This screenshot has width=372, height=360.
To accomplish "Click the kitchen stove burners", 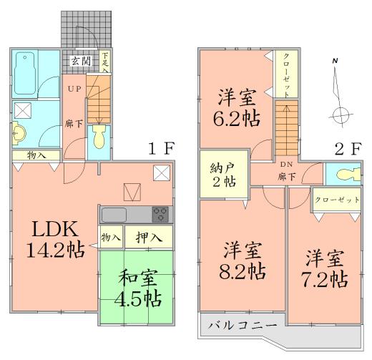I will tap(160, 213).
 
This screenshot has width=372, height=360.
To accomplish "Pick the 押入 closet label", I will tap(148, 236).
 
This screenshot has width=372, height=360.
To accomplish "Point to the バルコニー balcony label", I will tap(242, 326).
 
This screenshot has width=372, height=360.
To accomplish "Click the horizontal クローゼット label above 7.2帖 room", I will tap(336, 200).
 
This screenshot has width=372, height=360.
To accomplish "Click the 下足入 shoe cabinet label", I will tap(105, 62).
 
